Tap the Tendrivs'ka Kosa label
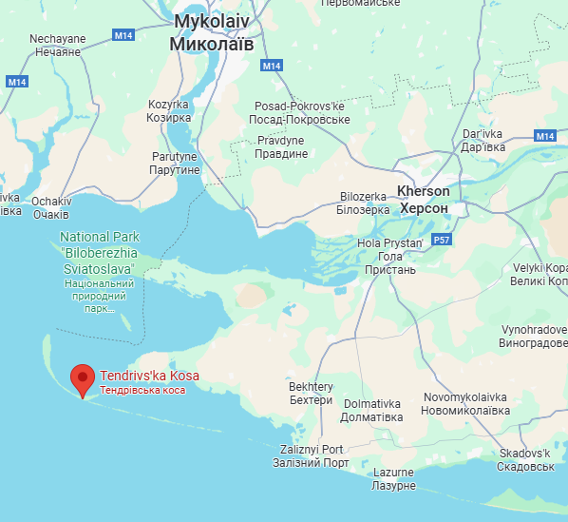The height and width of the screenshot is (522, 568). (149, 376)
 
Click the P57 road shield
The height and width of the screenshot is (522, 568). (442, 242)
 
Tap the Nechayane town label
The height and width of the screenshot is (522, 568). (57, 45)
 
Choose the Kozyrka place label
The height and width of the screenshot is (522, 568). (169, 111)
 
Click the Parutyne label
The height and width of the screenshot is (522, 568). (175, 163)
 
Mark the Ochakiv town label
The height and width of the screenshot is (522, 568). (50, 207)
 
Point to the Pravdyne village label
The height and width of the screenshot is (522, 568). (282, 146)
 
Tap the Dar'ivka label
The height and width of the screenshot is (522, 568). (482, 141)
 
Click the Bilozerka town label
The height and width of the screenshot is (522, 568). (364, 203)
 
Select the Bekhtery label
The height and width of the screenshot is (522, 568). (311, 393)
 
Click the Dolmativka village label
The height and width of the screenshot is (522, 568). (372, 410)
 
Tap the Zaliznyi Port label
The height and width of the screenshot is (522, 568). (312, 455)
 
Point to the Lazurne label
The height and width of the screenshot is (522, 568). (393, 479)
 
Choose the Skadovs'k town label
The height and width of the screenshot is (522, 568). (525, 460)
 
